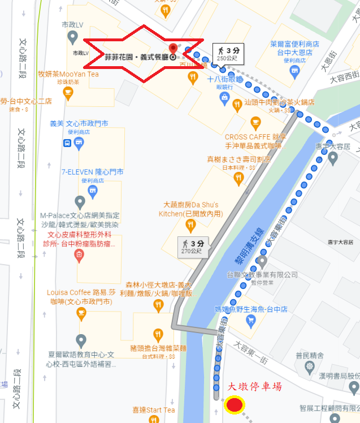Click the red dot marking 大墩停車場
(234, 405)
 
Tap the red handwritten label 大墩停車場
(254, 387)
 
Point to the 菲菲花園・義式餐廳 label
(136, 57)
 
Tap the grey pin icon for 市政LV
(72, 38)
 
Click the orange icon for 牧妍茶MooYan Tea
(68, 93)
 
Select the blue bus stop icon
(67, 143)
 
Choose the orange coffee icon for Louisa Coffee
(81, 313)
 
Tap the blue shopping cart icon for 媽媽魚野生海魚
(251, 321)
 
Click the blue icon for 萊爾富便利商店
(294, 71)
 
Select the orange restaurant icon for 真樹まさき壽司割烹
(238, 178)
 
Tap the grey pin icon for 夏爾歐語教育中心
(81, 341)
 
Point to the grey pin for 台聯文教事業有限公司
(261, 262)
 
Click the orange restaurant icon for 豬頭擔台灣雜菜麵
(158, 335)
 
